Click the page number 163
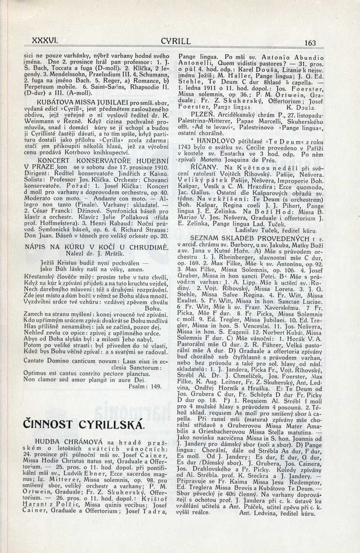coord(310,43)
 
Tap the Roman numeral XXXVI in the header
coord(37,40)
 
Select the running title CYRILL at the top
coord(175,41)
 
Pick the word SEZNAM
coord(205,236)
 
